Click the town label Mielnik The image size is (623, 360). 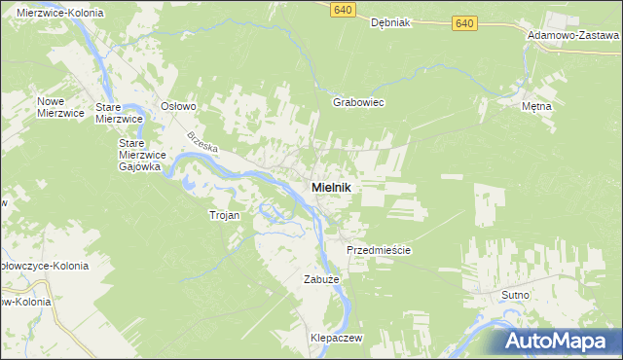tap(331, 187)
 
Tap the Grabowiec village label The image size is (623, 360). tap(359, 102)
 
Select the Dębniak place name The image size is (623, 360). tap(393, 25)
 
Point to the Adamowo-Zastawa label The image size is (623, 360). tap(573, 34)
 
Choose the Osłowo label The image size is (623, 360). tap(179, 106)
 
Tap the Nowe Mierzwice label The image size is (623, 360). tap(57, 107)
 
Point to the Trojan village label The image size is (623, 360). tap(224, 215)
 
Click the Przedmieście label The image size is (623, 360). tap(380, 250)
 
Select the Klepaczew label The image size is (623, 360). tap(336, 337)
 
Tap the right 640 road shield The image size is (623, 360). tap(464, 22)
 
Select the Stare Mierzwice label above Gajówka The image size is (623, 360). tap(120, 112)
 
